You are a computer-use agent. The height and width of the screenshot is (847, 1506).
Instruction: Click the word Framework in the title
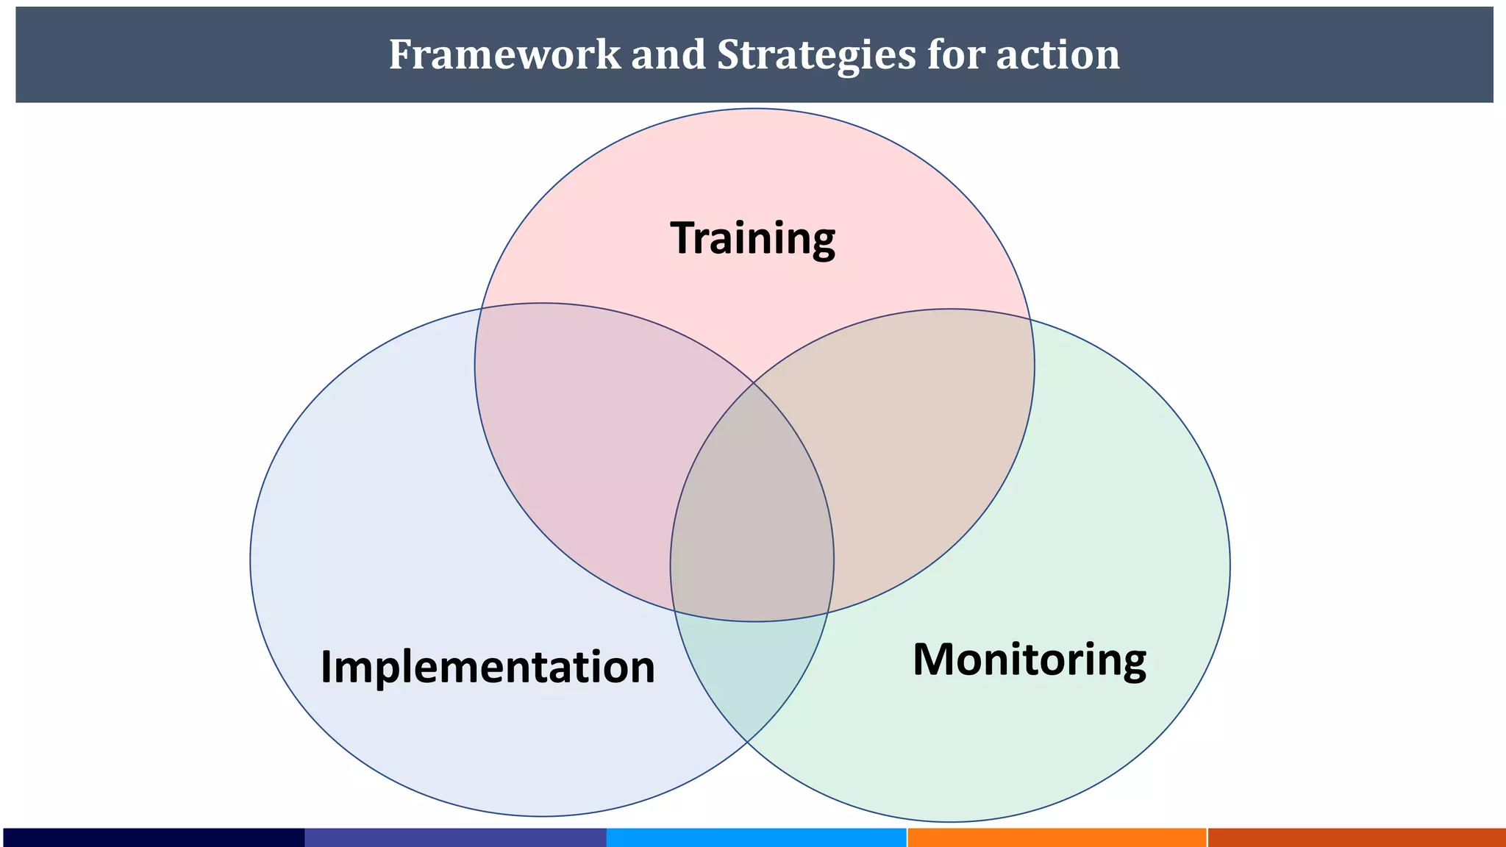504,54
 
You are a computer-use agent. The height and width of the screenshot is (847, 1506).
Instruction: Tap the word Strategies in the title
816,55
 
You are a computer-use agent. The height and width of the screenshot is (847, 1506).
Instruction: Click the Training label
752,238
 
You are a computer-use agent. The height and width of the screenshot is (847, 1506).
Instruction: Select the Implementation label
488,667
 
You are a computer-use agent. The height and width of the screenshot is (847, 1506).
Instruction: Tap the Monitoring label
1029,660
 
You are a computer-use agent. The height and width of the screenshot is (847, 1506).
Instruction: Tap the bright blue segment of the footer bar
756,837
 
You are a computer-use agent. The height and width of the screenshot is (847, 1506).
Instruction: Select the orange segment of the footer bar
1057,837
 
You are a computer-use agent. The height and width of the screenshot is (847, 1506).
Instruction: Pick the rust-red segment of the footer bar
1357,837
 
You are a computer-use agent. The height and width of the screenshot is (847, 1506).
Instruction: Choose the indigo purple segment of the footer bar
455,837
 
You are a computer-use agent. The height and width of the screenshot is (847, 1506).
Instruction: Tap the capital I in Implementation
326,666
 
